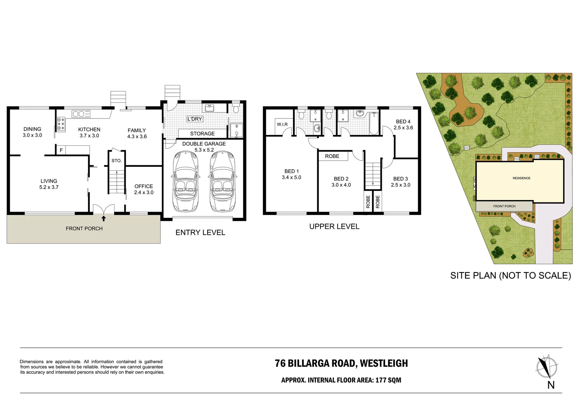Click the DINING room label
pos(32,129)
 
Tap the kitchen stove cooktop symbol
pos(61,125)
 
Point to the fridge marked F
pos(61,150)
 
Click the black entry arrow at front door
pos(103,219)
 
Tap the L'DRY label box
pos(194,119)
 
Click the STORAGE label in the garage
pos(202,133)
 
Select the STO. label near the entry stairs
pos(116,161)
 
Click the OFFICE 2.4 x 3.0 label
pos(144,189)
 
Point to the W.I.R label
pos(282,125)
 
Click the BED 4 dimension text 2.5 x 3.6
pos(403,128)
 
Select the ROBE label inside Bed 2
pos(332,156)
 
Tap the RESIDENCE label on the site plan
pos(521,178)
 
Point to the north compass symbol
pos(546,368)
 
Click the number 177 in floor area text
pos(381,380)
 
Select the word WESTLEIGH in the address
pos(384,363)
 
